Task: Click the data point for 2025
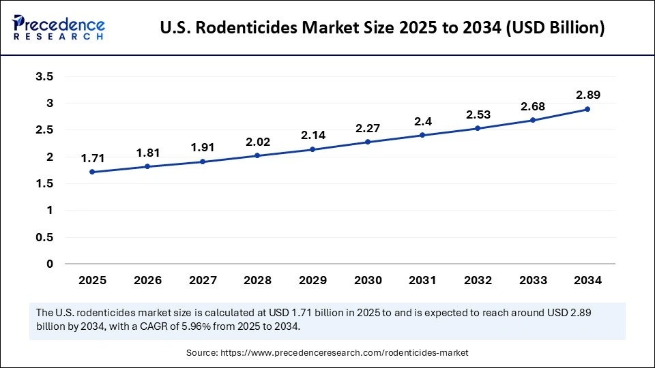pyautogui.click(x=92, y=172)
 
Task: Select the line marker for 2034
pyautogui.click(x=587, y=109)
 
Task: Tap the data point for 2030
pyautogui.click(x=367, y=142)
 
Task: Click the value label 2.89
pyautogui.click(x=587, y=95)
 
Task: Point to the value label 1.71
pyautogui.click(x=92, y=158)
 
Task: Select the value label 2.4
pyautogui.click(x=422, y=121)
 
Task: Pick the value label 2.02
pyautogui.click(x=257, y=142)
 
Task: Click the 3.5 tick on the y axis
pyautogui.click(x=45, y=77)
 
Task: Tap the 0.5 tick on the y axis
pyautogui.click(x=45, y=237)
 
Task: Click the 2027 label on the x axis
pyautogui.click(x=202, y=280)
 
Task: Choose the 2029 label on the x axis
pyautogui.click(x=312, y=280)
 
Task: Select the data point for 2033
pyautogui.click(x=532, y=120)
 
